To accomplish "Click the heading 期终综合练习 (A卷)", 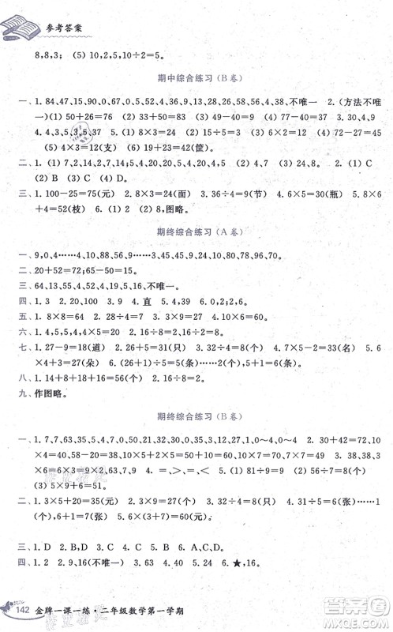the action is point(198,233).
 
